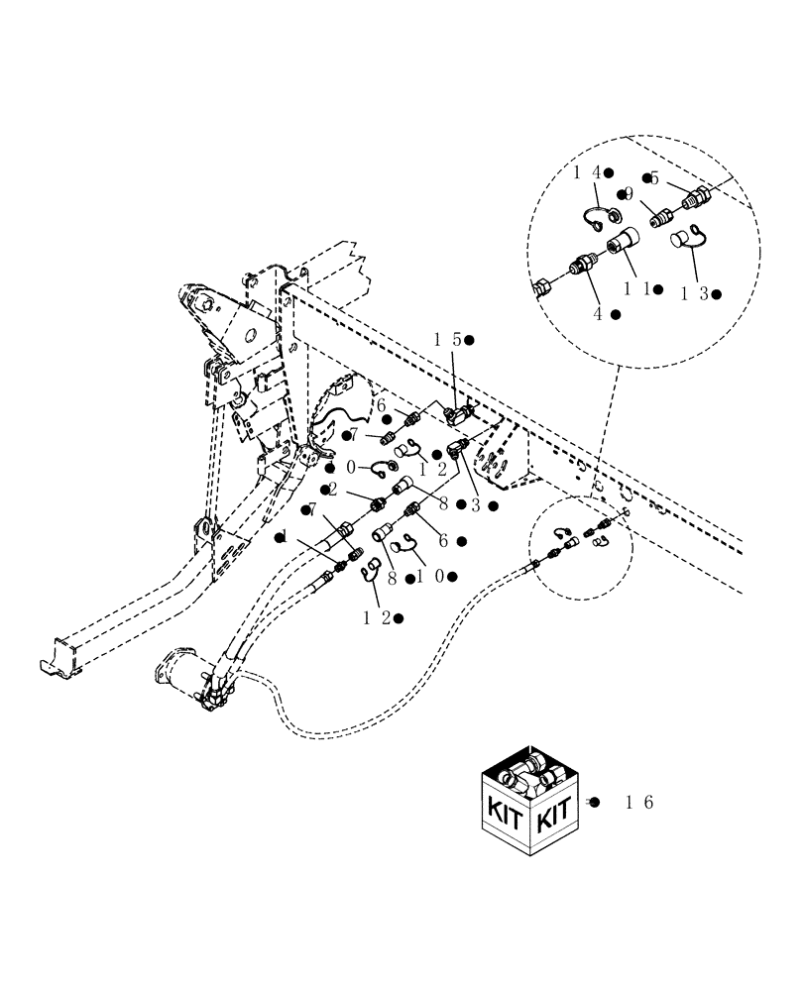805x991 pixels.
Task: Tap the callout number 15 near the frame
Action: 447,339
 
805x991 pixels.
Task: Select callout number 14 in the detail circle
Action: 587,172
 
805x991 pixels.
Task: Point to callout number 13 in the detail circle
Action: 694,293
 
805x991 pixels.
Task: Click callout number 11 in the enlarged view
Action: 636,288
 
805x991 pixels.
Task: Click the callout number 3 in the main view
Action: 476,504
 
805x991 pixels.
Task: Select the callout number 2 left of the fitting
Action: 333,489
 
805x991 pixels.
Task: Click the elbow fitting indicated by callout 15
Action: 458,412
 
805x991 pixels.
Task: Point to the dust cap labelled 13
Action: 685,239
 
